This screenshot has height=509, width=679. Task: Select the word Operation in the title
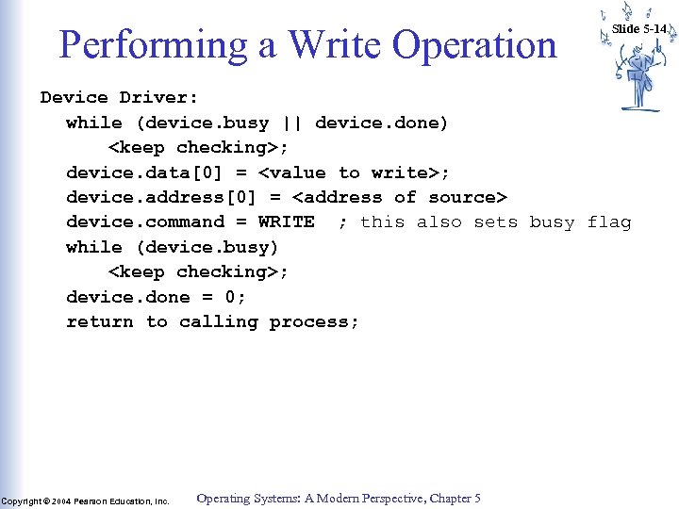[x=473, y=44]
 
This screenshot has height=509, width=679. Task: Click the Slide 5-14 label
[x=639, y=28]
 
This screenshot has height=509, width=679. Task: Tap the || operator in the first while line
[x=291, y=123]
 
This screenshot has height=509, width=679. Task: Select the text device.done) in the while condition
[x=381, y=123]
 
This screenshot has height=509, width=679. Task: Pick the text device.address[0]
[x=161, y=197]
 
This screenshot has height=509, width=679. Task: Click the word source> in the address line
[x=468, y=197]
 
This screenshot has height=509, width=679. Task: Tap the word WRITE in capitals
[x=286, y=222]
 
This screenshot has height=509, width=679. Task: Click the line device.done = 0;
[x=156, y=297]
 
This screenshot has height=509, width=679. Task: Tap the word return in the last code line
[x=100, y=321]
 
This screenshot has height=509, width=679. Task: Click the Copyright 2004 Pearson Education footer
[x=85, y=501]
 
